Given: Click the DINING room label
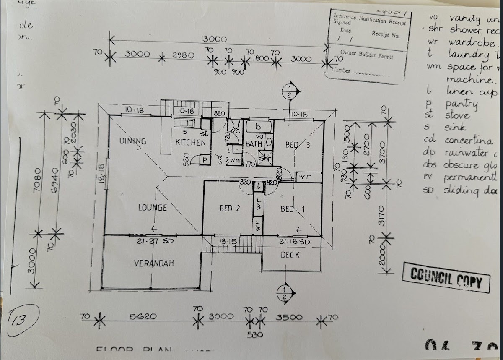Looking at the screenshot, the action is [133, 141].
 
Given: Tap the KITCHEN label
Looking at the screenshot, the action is [190, 142].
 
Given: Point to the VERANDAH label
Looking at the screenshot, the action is [154, 263].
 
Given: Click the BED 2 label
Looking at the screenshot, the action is [230, 208].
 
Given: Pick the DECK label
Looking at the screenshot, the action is [290, 255].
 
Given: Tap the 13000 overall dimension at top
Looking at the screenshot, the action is [214, 39].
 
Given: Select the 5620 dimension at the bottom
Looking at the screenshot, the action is [147, 317].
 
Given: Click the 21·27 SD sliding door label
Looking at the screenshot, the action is [150, 241].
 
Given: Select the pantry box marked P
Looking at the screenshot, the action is [205, 160].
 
